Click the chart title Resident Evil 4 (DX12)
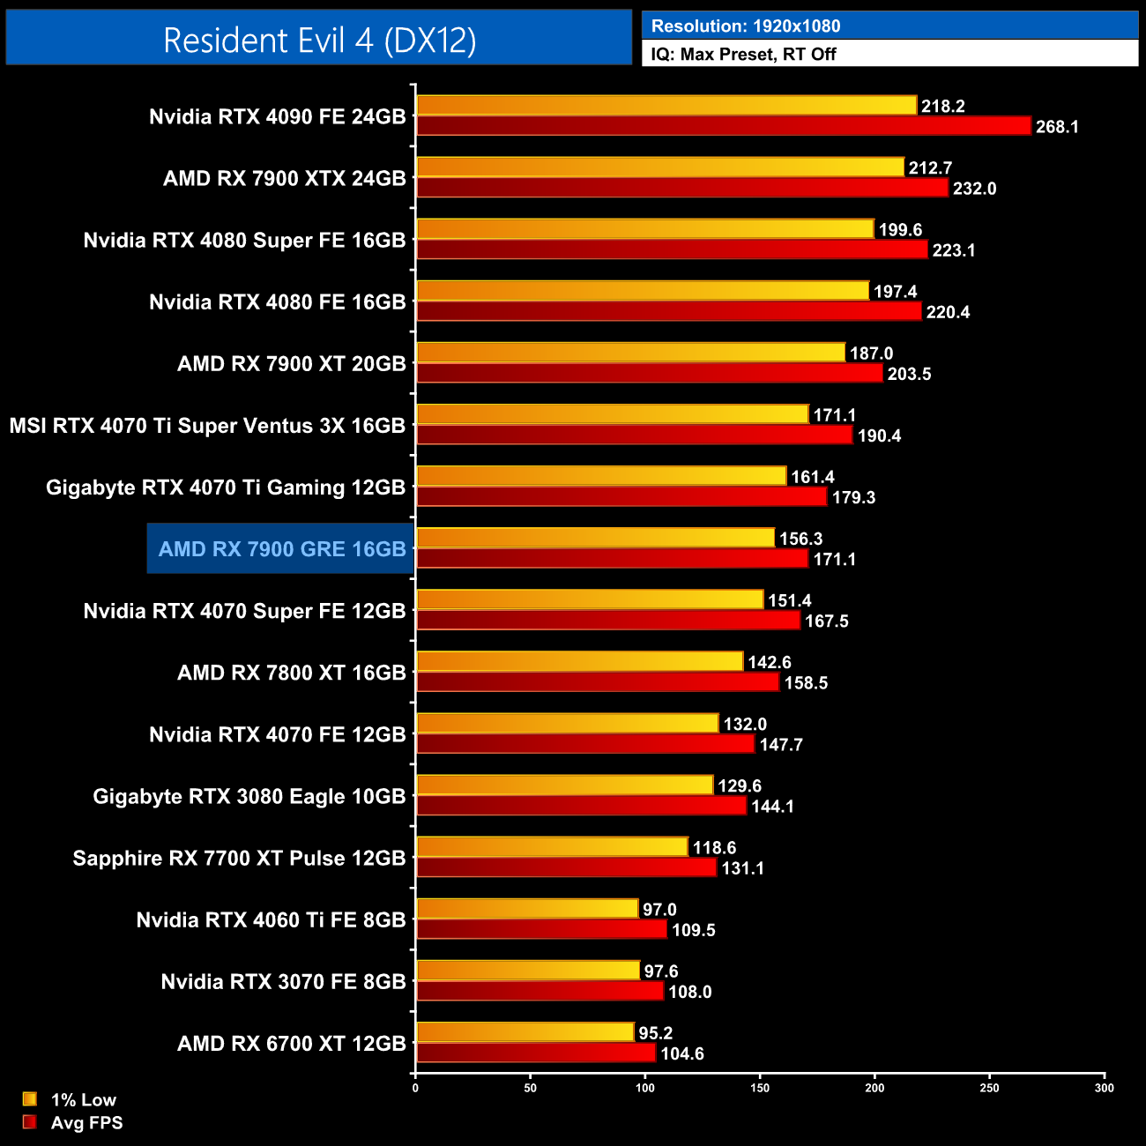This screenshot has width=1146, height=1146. [x=319, y=40]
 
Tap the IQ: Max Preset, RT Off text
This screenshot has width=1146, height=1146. [x=743, y=54]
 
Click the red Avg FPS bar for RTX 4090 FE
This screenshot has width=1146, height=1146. [x=723, y=126]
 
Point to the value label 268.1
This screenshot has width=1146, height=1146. [x=1057, y=127]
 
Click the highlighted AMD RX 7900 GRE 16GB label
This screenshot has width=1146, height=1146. [x=282, y=549]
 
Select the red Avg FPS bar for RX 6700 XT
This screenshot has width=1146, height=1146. [x=536, y=1053]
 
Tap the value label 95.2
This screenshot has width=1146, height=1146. [x=656, y=1033]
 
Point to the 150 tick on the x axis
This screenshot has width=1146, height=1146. [x=760, y=1088]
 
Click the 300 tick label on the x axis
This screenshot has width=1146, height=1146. [x=1104, y=1088]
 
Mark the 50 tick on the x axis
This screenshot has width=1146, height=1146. [x=530, y=1088]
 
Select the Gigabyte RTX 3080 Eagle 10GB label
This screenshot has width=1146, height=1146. [x=249, y=797]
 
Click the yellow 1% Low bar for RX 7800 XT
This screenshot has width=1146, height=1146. [x=579, y=662]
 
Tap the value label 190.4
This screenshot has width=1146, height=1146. [x=879, y=436]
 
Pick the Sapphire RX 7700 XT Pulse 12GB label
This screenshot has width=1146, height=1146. [x=239, y=859]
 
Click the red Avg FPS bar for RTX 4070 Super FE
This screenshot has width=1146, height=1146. [x=608, y=621]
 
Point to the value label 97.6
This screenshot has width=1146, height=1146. [x=661, y=971]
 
